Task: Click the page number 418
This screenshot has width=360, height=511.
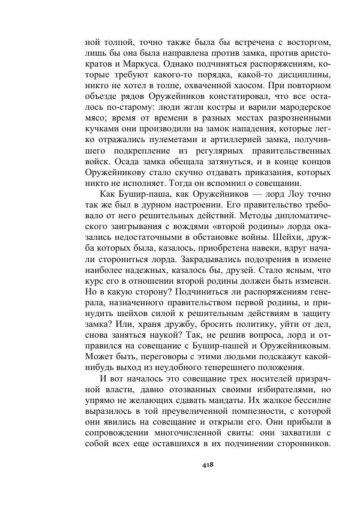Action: click(208, 464)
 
